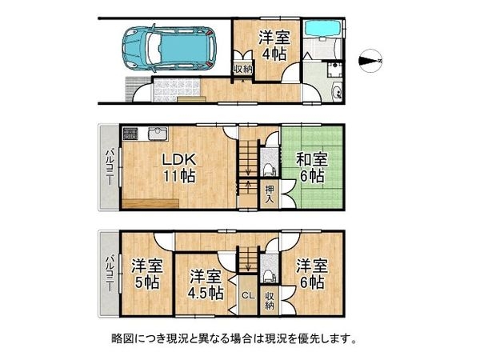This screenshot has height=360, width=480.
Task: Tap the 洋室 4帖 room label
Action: (x=274, y=46)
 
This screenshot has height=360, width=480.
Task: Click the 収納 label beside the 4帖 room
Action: (x=243, y=70)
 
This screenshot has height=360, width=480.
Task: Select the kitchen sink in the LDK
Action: (x=159, y=134)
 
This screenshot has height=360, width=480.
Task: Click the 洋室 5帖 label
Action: (x=147, y=274)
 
